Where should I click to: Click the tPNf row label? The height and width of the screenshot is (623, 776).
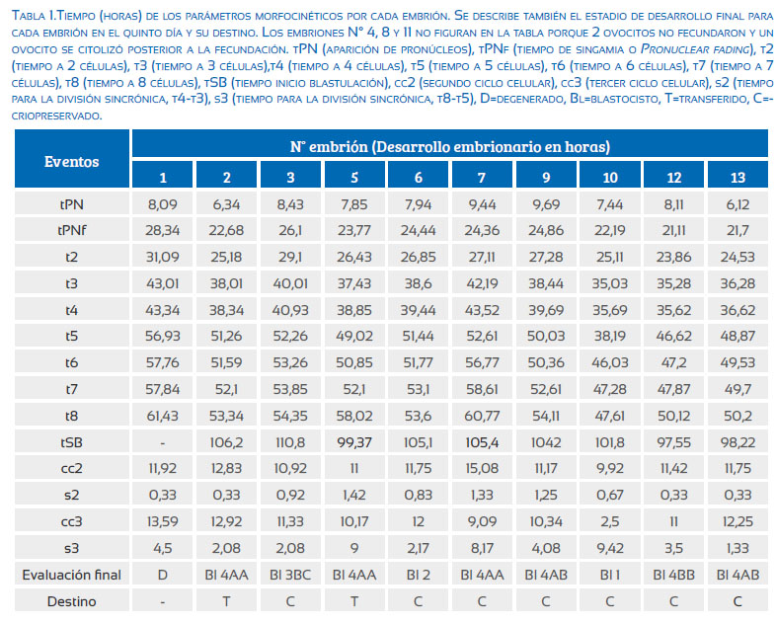point(72,230)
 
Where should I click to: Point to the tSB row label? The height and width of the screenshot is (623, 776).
point(72,442)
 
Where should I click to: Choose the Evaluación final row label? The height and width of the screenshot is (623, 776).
point(72,575)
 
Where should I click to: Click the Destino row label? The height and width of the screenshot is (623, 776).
point(72,601)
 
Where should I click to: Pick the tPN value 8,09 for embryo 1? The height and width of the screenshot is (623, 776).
point(162,204)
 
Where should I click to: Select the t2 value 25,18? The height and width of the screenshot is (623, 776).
point(226,258)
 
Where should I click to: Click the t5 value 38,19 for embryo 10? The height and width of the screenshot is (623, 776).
point(610,337)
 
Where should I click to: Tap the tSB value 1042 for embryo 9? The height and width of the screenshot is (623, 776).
point(546,442)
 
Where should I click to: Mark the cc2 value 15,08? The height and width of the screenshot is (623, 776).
point(482,469)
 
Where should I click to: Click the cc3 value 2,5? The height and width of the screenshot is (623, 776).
point(610,522)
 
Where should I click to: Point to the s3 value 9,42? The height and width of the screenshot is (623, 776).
point(610,549)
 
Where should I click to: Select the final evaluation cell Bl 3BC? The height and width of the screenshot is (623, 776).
point(290,575)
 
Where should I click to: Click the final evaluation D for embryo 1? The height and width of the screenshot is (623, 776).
point(162,575)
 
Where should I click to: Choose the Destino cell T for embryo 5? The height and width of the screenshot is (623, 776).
point(354,601)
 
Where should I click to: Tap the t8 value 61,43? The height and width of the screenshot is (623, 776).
point(162,417)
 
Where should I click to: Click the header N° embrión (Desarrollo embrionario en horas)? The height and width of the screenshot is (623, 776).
point(450,146)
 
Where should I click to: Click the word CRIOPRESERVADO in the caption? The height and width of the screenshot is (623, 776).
point(56,117)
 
